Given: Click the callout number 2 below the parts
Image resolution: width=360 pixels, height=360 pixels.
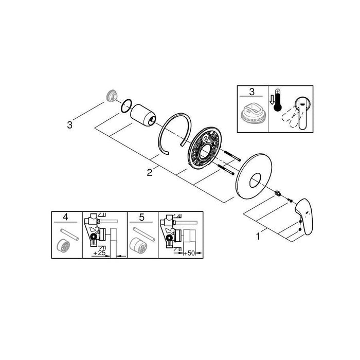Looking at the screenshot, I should [150, 173].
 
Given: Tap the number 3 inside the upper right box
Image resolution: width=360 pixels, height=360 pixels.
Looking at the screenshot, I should [252, 92].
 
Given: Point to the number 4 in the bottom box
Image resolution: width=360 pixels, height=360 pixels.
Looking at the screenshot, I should [65, 217].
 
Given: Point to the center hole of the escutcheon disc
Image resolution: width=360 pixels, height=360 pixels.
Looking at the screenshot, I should [254, 181].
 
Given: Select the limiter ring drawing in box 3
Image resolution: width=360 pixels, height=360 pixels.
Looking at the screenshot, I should [251, 113].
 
